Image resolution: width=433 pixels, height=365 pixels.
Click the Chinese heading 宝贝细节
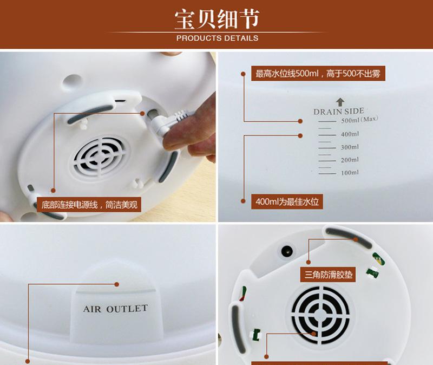(217, 19)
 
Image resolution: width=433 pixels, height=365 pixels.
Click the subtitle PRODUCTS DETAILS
(218, 38)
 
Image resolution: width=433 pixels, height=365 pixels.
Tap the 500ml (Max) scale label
(359, 120)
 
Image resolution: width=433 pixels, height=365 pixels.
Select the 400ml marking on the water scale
(350, 134)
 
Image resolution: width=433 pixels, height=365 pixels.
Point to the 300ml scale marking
(350, 147)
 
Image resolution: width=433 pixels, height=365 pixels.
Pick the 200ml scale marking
(350, 160)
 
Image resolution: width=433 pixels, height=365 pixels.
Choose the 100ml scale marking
(350, 173)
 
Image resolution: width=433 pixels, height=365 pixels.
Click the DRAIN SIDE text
(339, 112)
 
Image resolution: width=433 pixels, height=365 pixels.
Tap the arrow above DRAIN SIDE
(340, 102)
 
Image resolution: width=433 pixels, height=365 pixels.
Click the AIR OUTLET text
(115, 309)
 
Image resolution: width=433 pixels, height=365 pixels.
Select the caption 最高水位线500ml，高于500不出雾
(318, 74)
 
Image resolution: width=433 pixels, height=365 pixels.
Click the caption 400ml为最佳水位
(287, 201)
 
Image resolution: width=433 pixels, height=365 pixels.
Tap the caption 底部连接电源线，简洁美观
(89, 205)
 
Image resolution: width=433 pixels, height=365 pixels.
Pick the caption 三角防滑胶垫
(328, 275)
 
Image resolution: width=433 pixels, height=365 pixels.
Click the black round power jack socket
(287, 252)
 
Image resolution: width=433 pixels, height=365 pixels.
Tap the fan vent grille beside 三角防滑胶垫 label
(320, 315)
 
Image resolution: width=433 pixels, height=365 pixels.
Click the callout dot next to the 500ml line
(300, 121)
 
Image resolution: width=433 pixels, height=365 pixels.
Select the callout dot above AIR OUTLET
(117, 284)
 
